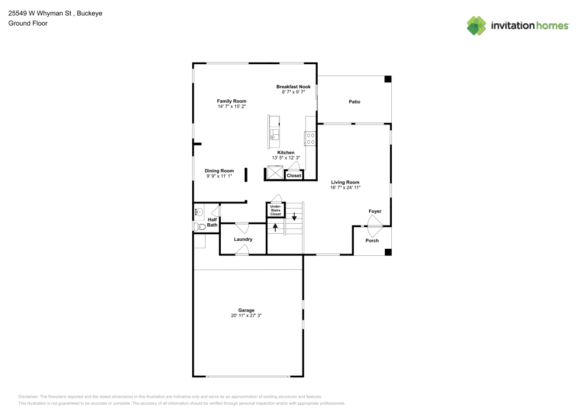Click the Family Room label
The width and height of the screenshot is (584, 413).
[232, 101]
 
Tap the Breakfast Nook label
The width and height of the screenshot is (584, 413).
[293, 86]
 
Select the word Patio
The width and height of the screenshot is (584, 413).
[354, 102]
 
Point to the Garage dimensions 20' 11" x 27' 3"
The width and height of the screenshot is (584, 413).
[246, 315]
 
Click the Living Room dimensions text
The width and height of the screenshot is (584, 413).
[345, 187]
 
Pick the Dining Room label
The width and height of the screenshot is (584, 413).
[219, 171]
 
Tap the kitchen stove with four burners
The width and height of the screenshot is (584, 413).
[311, 138]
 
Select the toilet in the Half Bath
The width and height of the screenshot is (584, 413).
[199, 227]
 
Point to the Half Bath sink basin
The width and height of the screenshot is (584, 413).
[199, 212]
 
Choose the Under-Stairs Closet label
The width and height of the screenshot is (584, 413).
[276, 210]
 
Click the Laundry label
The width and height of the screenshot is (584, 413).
[243, 240]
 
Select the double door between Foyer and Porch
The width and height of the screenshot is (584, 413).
[373, 223]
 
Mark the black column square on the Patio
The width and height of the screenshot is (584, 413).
[387, 79]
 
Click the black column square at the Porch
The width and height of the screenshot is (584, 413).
[387, 252]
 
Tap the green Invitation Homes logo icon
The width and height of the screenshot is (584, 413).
[477, 26]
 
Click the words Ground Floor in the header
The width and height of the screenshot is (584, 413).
[28, 23]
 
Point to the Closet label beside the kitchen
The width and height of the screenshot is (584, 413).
[294, 175]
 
